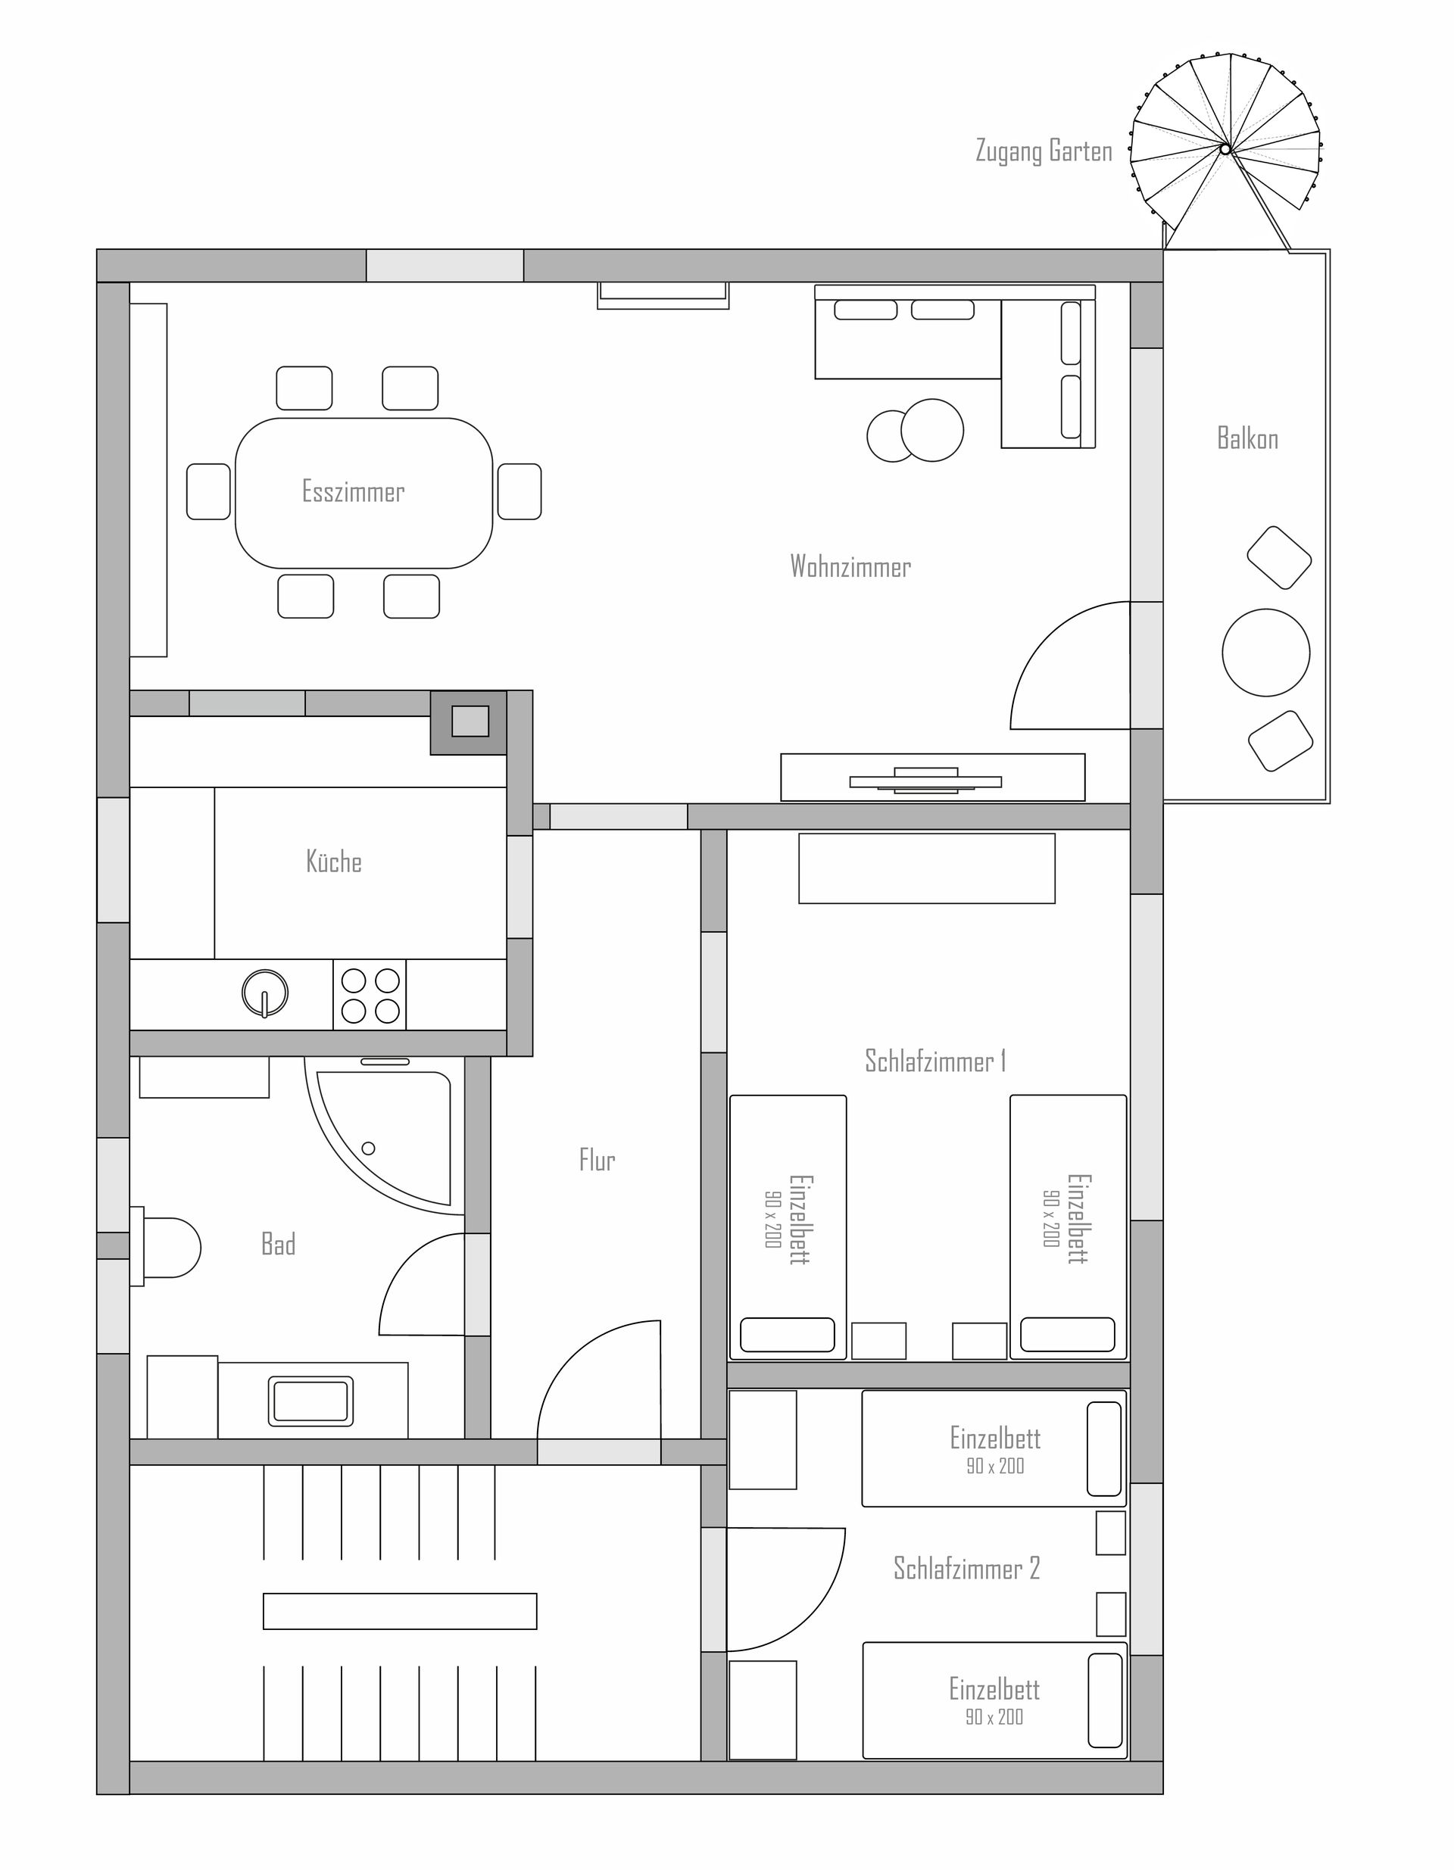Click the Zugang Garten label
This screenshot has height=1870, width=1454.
[1044, 151]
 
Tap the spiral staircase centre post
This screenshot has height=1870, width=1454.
[1225, 149]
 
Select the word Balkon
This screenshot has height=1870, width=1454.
[1247, 438]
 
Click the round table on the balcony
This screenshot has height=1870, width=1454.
[1265, 653]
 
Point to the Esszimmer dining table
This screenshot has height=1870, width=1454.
[364, 493]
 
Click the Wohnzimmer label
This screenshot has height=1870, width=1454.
[850, 566]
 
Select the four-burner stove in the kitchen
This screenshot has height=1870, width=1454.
[370, 995]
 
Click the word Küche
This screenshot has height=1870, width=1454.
[334, 861]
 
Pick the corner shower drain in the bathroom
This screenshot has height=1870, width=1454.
[369, 1148]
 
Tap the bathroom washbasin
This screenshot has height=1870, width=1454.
[310, 1401]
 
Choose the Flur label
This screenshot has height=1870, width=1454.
[597, 1160]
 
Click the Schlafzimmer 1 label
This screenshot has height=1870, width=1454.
[935, 1061]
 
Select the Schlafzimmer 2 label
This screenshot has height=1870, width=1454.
[967, 1568]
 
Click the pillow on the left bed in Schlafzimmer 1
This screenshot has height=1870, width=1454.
[787, 1334]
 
